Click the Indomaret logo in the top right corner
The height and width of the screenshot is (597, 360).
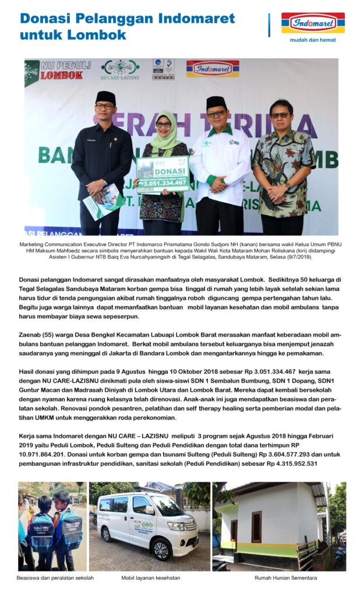coord(313,23)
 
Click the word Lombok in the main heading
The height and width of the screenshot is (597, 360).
coord(102,35)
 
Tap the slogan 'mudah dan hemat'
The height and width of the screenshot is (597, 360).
coord(313,41)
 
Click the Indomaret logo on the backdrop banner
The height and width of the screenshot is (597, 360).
coord(212,69)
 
